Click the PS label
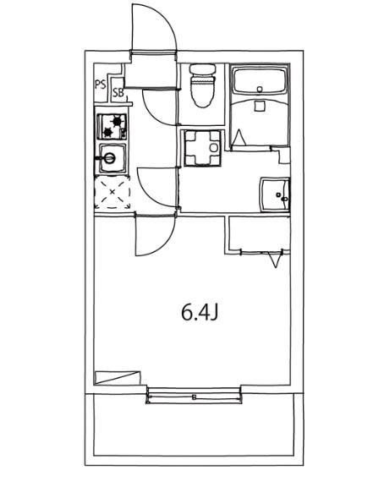100,85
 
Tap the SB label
118,92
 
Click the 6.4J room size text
200,313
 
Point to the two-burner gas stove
112,127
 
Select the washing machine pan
200,148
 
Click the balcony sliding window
194,394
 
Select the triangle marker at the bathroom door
241,137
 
